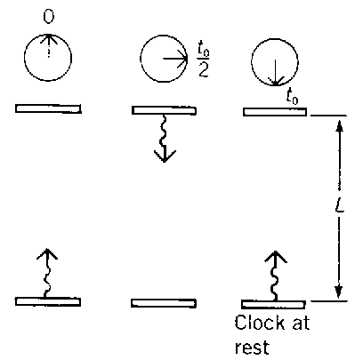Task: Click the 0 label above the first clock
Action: (x=49, y=17)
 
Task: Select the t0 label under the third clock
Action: (x=292, y=96)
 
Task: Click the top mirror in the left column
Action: (x=48, y=108)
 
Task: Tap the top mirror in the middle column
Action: (x=164, y=110)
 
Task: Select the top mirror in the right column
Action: (x=275, y=112)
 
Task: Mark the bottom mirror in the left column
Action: (x=48, y=301)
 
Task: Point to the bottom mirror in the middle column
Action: (x=164, y=303)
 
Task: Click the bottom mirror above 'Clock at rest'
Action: (x=273, y=305)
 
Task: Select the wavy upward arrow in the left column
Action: (x=47, y=273)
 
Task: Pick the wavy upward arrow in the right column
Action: (x=276, y=276)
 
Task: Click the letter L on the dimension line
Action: (x=340, y=205)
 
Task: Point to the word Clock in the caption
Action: (x=259, y=323)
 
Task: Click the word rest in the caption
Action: (x=252, y=347)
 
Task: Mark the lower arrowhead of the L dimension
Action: (x=338, y=292)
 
